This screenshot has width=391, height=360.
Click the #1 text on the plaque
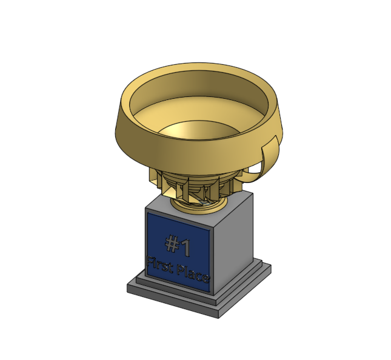178,245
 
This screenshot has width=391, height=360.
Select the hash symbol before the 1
172,244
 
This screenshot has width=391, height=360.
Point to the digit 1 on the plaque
186,248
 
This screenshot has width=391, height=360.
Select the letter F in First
150,261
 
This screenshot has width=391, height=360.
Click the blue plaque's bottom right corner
210,292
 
